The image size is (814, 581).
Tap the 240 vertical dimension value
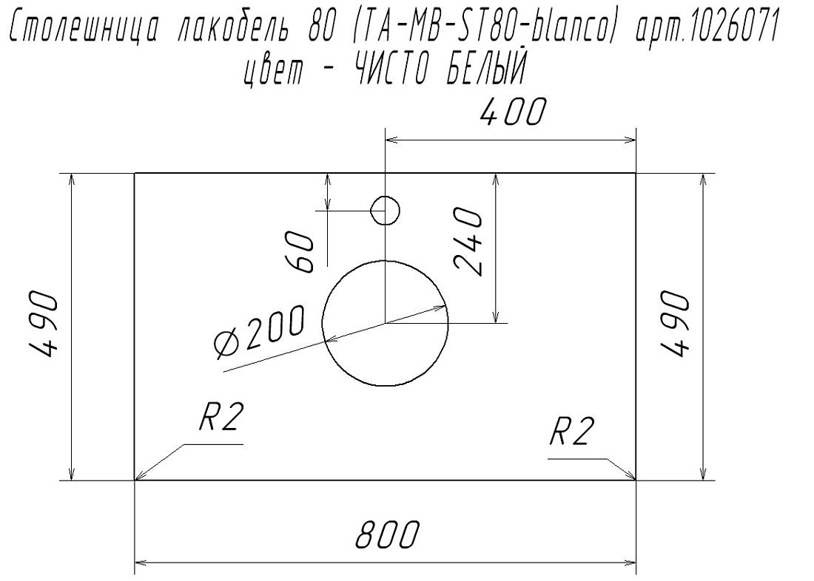tap(468, 241)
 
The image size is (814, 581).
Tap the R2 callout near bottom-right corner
tap(571, 431)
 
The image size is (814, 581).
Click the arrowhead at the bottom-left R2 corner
tap(140, 476)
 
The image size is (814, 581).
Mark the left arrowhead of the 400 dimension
tap(391, 140)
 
